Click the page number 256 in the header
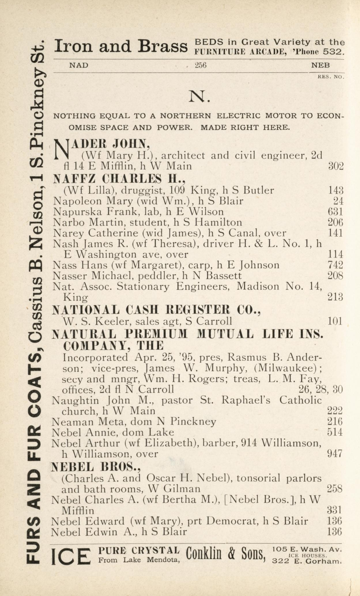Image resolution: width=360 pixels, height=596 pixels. click(201, 65)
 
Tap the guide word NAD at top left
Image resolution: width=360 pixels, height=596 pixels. click(79, 65)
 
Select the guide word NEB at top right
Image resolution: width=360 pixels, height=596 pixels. click(321, 65)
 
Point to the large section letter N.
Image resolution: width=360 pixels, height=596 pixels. click(199, 96)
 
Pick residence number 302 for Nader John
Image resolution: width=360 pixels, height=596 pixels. click(336, 166)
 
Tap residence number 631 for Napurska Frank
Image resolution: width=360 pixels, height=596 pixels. click(336, 212)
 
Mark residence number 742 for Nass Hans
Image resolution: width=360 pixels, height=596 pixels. click(336, 265)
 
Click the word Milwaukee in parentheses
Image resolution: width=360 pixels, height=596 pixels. click(293, 368)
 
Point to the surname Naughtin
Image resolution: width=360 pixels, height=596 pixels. click(76, 400)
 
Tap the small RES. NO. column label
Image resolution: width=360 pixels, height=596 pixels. click(331, 77)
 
